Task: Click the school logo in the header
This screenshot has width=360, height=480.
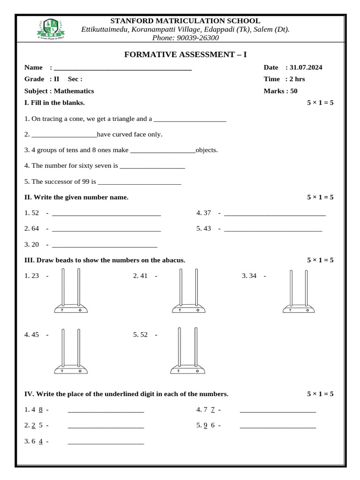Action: (50, 29)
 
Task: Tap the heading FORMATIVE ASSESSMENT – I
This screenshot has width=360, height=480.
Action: (185, 55)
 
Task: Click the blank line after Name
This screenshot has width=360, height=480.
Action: (123, 68)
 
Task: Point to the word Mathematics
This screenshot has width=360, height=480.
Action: (74, 91)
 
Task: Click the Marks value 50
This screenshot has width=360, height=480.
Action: (294, 91)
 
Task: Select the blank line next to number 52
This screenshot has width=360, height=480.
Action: (106, 214)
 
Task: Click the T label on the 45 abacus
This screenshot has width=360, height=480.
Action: (61, 371)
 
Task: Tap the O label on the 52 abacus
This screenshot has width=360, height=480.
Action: (197, 371)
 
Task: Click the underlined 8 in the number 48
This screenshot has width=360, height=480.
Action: (41, 410)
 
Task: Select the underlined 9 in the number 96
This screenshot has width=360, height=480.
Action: (206, 426)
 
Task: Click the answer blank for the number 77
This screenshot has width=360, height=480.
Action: (278, 410)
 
